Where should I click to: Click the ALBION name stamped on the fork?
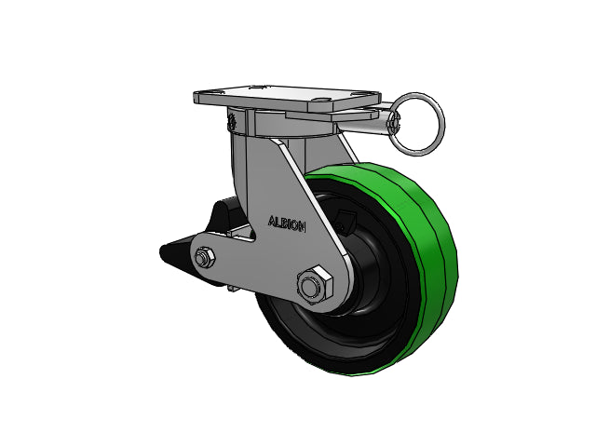287,223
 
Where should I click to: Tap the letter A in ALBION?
272,221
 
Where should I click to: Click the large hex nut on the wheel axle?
315,286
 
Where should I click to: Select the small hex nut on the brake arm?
205,258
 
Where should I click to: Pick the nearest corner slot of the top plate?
321,102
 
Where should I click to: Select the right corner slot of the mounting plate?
361,93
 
